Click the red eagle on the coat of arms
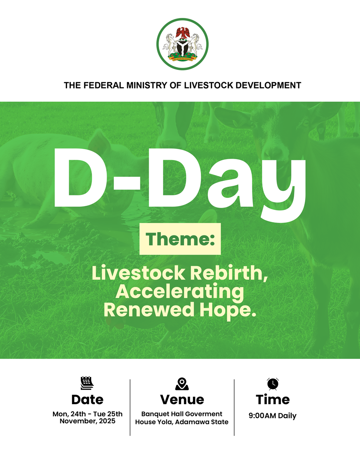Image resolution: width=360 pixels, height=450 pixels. [182, 33]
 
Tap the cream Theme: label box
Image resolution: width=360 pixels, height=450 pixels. [180, 239]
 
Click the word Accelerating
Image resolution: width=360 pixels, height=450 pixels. [180, 292]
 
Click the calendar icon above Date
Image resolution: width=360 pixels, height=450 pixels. [87, 383]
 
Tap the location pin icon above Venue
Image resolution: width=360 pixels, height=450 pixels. [182, 384]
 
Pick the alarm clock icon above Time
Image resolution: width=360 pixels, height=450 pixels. [273, 384]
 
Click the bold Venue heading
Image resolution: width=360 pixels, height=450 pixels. [182, 400]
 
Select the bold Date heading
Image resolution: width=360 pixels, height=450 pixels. [87, 400]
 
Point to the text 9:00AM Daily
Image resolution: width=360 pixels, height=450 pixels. [272, 415]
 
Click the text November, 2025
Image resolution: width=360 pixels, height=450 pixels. [87, 421]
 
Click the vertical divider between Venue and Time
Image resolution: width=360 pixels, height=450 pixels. [234, 407]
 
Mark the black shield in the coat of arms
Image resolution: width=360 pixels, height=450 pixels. [182, 48]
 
